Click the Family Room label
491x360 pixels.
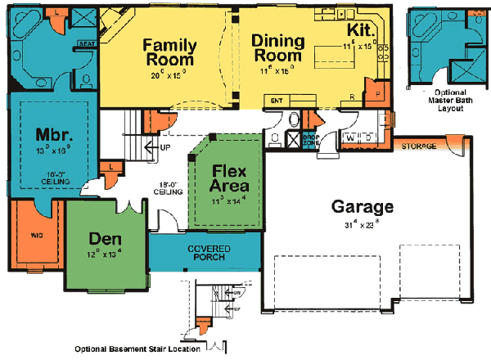point(169,52)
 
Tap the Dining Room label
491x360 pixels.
point(277,49)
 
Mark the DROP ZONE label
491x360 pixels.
point(311,141)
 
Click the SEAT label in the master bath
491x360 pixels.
point(83,43)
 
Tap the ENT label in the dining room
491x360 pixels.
point(277,101)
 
